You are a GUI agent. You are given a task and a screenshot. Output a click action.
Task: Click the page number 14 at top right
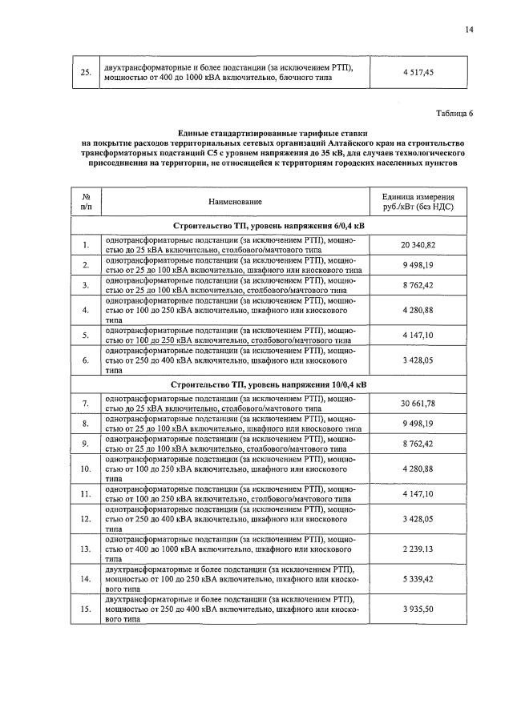coord(469,30)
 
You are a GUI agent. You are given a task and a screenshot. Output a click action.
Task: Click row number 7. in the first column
coord(86,403)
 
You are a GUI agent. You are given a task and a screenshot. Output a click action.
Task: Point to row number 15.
coord(86,609)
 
